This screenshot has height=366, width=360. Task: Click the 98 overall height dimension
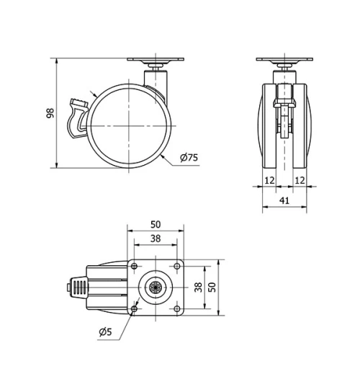[50, 114]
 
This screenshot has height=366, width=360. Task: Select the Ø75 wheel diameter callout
[188, 158]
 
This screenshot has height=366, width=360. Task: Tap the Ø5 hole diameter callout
[107, 332]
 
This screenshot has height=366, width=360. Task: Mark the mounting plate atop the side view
[156, 61]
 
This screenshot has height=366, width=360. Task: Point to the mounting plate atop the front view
[284, 61]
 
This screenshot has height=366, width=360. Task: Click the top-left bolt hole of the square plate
[135, 266]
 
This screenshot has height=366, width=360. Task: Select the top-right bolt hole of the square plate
[176, 266]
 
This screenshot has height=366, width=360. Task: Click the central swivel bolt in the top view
[156, 287]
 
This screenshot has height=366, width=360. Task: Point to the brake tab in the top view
[76, 287]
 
